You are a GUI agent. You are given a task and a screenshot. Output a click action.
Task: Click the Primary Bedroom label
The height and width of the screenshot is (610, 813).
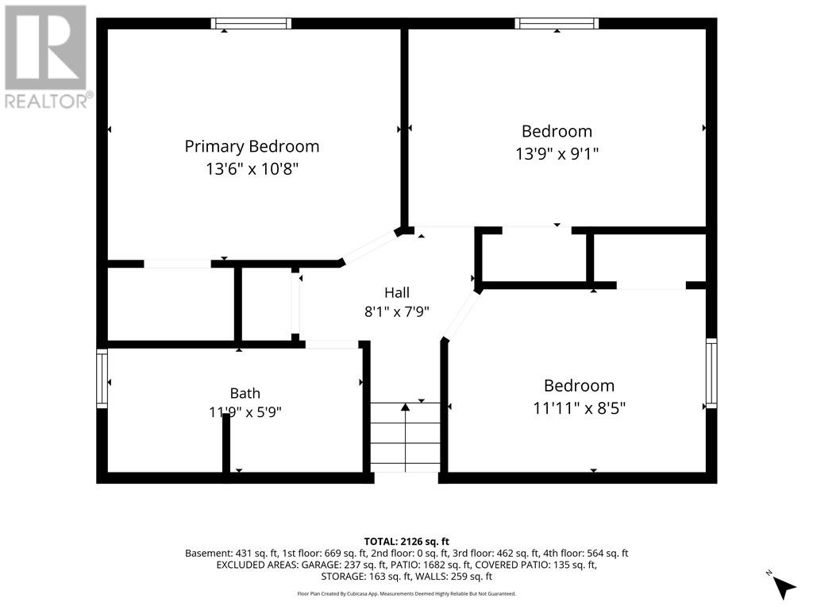click(252, 147)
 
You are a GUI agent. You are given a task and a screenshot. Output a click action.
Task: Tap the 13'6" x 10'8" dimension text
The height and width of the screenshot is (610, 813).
click(252, 169)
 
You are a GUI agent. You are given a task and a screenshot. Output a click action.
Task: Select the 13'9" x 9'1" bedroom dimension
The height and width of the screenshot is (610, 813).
click(557, 154)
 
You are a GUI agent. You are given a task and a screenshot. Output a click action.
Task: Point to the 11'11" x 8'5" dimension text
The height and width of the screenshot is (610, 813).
click(579, 408)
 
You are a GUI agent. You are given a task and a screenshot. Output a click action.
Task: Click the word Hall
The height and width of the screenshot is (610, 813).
click(397, 292)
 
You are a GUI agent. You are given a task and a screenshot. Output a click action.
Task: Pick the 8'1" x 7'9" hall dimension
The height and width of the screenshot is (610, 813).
click(397, 311)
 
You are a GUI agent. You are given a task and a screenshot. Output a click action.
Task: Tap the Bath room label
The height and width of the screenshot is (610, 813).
click(245, 393)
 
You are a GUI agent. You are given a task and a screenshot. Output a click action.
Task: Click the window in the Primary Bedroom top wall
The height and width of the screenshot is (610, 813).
click(251, 23)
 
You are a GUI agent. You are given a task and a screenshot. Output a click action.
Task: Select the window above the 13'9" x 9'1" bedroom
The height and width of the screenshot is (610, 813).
click(557, 23)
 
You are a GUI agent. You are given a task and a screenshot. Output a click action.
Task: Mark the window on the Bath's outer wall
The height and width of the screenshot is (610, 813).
click(102, 378)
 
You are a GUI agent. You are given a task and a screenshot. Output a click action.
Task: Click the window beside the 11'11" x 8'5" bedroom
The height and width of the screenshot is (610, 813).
click(711, 373)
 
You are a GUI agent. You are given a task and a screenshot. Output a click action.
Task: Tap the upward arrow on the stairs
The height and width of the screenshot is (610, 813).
click(406, 437)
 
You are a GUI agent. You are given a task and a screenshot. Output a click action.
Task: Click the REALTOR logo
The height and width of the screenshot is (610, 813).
click(46, 56)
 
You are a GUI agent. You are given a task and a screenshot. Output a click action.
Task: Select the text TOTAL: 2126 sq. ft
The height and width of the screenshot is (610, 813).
click(406, 542)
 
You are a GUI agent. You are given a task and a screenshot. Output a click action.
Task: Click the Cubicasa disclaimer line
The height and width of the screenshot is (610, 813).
click(406, 593)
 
